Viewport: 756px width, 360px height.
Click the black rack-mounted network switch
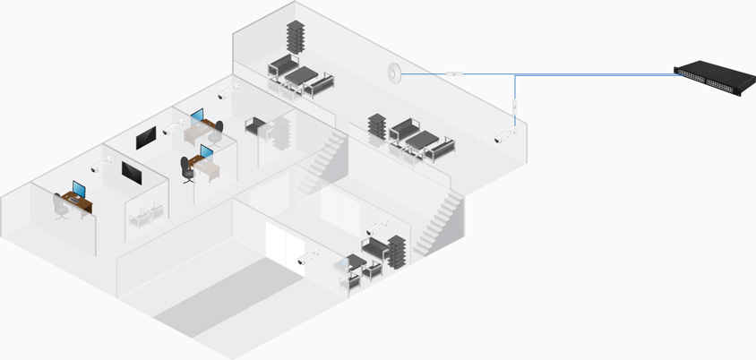coord(712,78)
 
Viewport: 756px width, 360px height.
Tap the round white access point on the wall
coord(394,71)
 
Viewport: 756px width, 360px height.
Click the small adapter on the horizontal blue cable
coord(454,73)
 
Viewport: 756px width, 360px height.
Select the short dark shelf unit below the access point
coord(377,126)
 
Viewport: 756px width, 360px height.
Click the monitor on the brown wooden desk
coord(79,190)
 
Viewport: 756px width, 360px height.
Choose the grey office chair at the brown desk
coord(60,207)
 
